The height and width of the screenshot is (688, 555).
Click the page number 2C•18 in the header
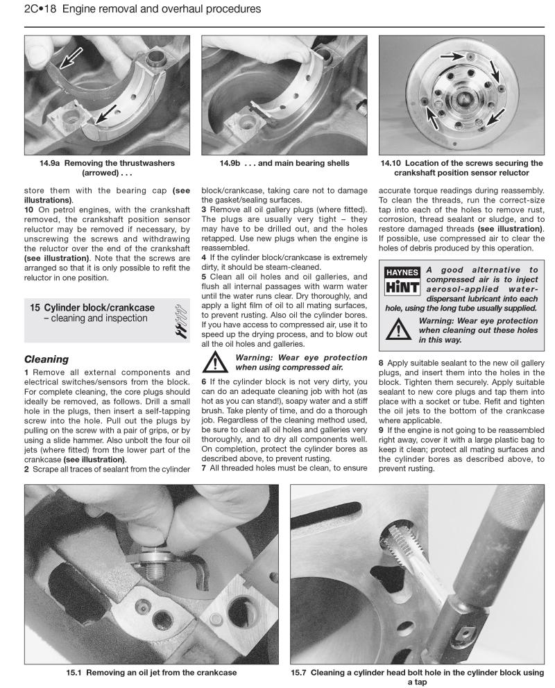[x=42, y=9]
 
